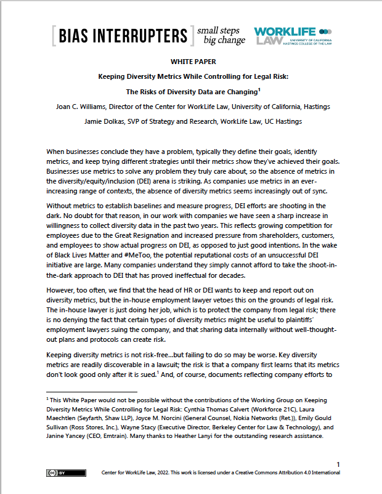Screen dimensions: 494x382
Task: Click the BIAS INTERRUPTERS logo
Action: (x=121, y=36)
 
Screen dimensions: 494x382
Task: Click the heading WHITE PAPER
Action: (x=190, y=63)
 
